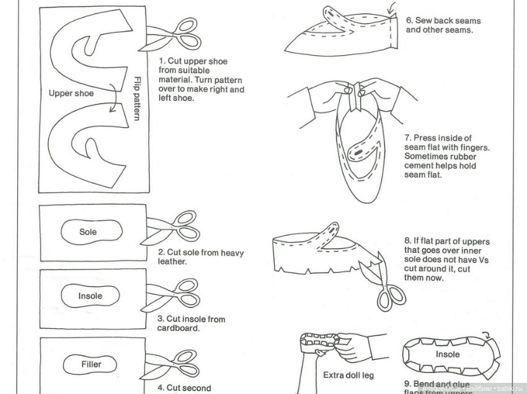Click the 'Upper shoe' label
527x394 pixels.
[71, 93]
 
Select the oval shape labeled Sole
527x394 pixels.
[88, 232]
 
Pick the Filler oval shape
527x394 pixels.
[91, 364]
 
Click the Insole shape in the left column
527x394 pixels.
[90, 296]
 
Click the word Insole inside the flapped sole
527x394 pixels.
[447, 354]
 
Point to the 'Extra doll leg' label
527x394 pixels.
[348, 375]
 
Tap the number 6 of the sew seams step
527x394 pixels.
[409, 20]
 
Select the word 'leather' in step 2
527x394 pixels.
[172, 261]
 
